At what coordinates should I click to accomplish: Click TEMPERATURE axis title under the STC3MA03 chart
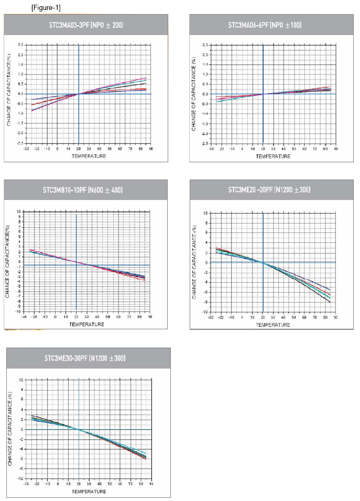click(89, 156)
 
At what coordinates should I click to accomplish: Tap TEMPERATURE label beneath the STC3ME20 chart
click(273, 325)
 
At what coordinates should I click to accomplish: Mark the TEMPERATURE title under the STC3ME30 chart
click(89, 492)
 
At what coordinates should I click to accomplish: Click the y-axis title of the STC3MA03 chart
click(9, 94)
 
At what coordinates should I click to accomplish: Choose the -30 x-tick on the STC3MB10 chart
click(24, 317)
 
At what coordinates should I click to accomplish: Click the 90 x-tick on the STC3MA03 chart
click(150, 149)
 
